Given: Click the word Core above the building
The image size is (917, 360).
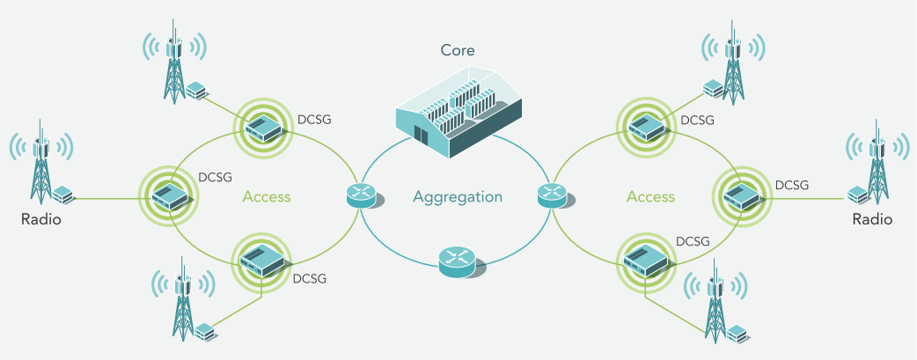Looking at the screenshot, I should [x=458, y=50].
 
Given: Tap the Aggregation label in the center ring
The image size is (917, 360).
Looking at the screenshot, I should [x=458, y=197].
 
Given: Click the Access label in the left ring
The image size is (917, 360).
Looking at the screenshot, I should [x=266, y=197].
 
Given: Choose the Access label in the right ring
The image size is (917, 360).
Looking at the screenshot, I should [x=650, y=197].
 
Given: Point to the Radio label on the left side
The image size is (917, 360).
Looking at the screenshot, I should [x=41, y=219].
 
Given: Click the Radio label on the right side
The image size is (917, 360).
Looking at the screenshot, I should [x=872, y=219].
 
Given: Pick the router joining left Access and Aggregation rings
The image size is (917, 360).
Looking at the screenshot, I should [x=362, y=196].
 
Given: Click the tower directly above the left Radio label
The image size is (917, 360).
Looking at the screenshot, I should [x=40, y=167].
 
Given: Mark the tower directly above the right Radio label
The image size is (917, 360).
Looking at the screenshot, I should [x=875, y=167].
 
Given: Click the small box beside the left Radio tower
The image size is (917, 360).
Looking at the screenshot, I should [x=62, y=194].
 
